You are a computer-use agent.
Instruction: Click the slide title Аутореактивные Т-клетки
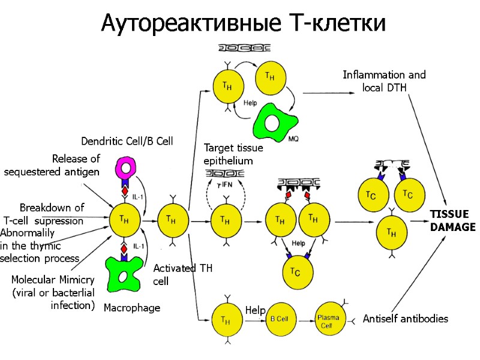243,23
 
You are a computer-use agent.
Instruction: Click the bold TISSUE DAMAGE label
452,221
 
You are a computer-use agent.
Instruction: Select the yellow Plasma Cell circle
330,319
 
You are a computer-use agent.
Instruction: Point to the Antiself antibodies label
405,319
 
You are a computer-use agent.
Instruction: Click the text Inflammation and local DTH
384,81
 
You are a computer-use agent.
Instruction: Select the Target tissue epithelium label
228,154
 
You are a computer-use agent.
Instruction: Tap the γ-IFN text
225,185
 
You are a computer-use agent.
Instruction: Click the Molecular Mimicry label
53,292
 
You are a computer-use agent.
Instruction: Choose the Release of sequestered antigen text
52,166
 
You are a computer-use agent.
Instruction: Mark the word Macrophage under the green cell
132,308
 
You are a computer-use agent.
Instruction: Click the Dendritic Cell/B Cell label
127,141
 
